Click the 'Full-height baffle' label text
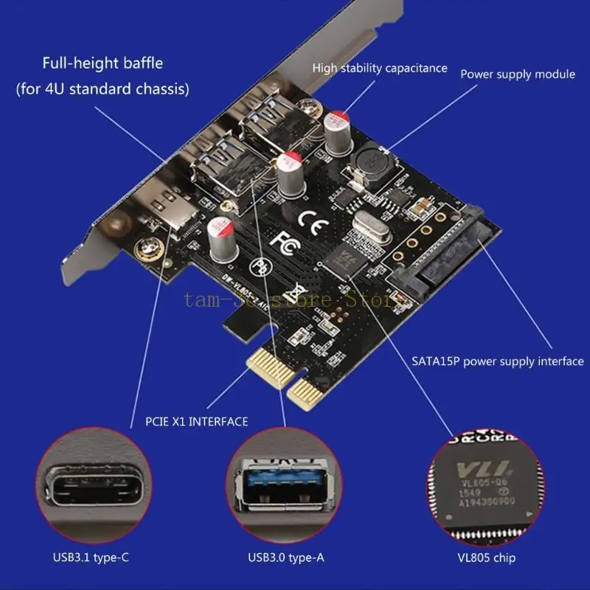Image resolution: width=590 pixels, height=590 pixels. click(x=102, y=63)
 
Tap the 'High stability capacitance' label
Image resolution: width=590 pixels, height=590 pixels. click(x=380, y=68)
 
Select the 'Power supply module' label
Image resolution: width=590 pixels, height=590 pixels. click(x=518, y=74)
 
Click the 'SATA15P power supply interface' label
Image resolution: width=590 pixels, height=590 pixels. click(x=497, y=361)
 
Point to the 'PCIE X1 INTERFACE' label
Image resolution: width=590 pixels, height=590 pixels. click(x=197, y=421)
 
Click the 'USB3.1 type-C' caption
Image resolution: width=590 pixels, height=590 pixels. click(x=96, y=558)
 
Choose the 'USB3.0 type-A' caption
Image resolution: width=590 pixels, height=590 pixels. click(x=286, y=558)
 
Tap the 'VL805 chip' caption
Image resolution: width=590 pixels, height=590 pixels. click(x=485, y=558)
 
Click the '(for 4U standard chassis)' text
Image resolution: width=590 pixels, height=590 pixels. click(x=103, y=89)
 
